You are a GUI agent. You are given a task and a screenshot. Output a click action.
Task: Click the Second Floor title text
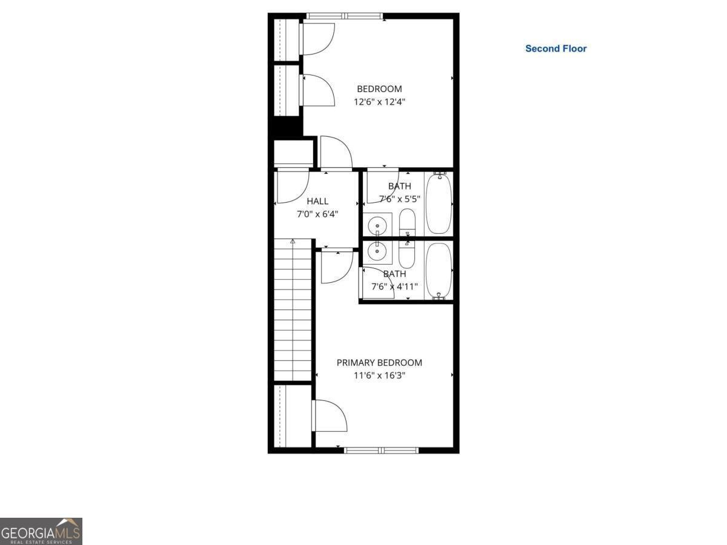tap(556, 48)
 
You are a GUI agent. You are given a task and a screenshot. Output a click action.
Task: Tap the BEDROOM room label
tap(379, 89)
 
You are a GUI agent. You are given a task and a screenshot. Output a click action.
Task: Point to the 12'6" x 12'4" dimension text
tap(379, 102)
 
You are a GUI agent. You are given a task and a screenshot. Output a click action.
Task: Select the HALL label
tap(317, 201)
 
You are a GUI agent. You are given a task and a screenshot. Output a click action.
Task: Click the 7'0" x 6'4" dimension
tap(317, 214)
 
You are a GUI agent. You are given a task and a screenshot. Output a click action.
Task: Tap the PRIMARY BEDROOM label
tap(379, 363)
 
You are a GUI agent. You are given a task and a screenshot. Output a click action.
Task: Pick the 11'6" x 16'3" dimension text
tap(379, 375)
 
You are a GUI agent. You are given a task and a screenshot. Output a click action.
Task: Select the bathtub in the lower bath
tap(438, 271)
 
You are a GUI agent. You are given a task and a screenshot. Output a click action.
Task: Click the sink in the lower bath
tap(378, 249)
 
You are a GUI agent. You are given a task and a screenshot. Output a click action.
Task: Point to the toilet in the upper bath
tap(407, 222)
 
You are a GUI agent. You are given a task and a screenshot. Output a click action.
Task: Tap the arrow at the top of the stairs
tap(293, 242)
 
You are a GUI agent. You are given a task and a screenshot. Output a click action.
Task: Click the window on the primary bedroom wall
tap(381, 450)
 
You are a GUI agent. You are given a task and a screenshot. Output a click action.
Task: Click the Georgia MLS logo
tap(41, 531)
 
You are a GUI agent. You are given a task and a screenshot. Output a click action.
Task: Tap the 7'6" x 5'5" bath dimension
tap(400, 199)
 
